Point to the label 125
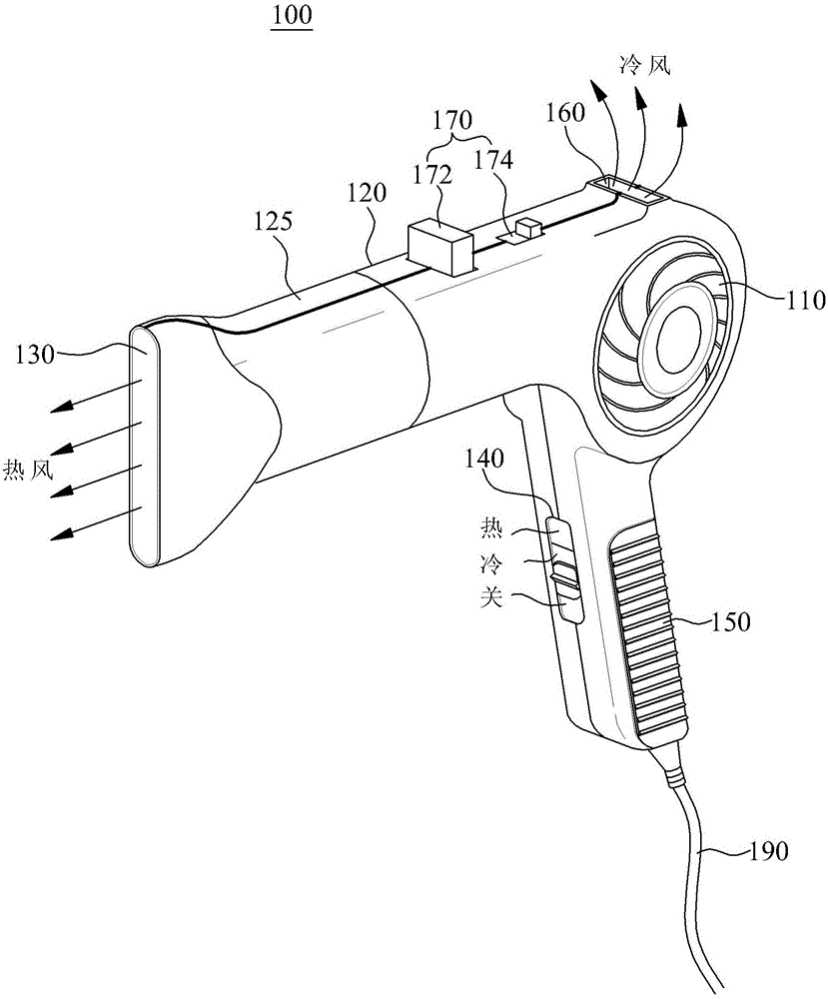tap(273, 222)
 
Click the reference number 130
tap(36, 355)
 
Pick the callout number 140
tap(484, 458)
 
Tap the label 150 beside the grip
tap(730, 621)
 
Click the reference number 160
tap(565, 113)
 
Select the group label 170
tap(452, 120)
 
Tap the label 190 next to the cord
tap(768, 850)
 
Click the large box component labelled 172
tap(440, 247)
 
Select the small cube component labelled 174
tap(528, 228)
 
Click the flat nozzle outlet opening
tap(145, 446)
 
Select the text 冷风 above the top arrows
tap(644, 65)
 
